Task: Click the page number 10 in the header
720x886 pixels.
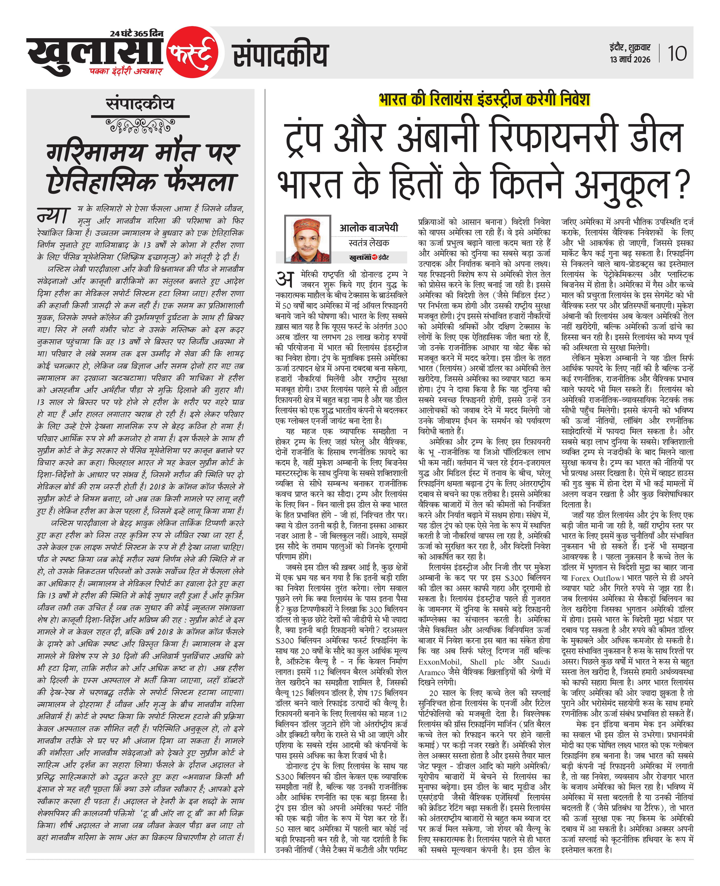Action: [677, 54]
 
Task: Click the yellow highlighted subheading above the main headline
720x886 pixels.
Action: [484, 100]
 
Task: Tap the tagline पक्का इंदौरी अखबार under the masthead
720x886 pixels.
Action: [126, 71]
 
